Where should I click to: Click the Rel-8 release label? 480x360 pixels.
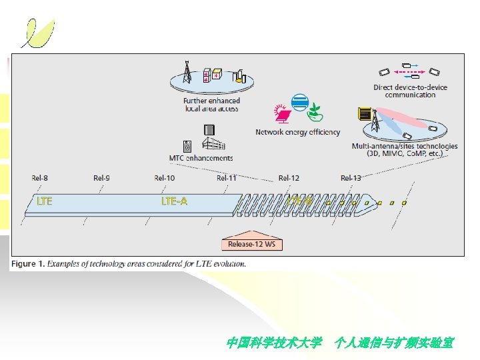pos(39,178)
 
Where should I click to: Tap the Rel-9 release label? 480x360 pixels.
pos(101,178)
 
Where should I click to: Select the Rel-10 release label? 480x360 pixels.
pos(164,178)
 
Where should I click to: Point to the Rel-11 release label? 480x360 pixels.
pos(226,178)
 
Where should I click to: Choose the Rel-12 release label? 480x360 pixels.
pos(289,178)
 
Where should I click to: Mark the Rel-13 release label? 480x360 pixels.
pos(351,178)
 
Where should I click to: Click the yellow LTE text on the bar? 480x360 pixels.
pos(44,201)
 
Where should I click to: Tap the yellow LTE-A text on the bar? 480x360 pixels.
pos(174,201)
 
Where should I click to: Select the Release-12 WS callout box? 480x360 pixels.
pos(251,244)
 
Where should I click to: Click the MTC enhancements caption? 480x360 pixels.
pos(201,158)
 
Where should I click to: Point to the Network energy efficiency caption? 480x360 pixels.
pos(297,132)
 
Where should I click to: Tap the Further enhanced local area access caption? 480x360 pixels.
pos(211,105)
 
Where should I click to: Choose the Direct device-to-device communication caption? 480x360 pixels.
pos(410,91)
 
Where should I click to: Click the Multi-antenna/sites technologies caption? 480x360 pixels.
pos(405,149)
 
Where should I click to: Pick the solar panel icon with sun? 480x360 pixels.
pos(282,113)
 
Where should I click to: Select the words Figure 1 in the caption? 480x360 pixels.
pos(27,263)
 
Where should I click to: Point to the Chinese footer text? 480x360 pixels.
pos(340,343)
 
